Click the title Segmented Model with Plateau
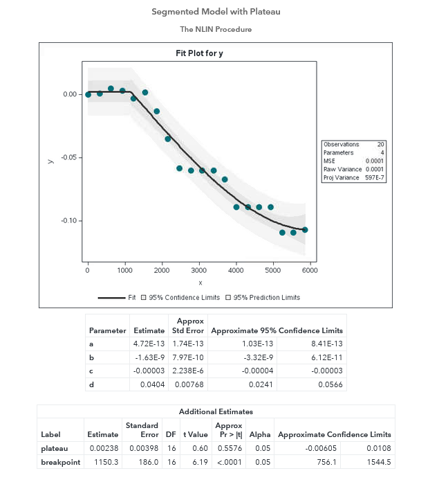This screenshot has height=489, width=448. click(x=216, y=12)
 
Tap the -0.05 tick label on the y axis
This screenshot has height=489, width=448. click(x=67, y=157)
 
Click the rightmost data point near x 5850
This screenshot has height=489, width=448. click(x=305, y=229)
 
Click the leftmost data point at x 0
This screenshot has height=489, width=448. click(x=88, y=94)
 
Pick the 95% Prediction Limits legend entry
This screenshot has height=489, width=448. click(x=266, y=298)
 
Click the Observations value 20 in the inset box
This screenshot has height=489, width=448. click(x=380, y=144)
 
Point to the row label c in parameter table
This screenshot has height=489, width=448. click(x=91, y=370)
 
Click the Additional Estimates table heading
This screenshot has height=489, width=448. click(x=216, y=412)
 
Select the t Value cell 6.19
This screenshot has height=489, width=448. click(x=198, y=461)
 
